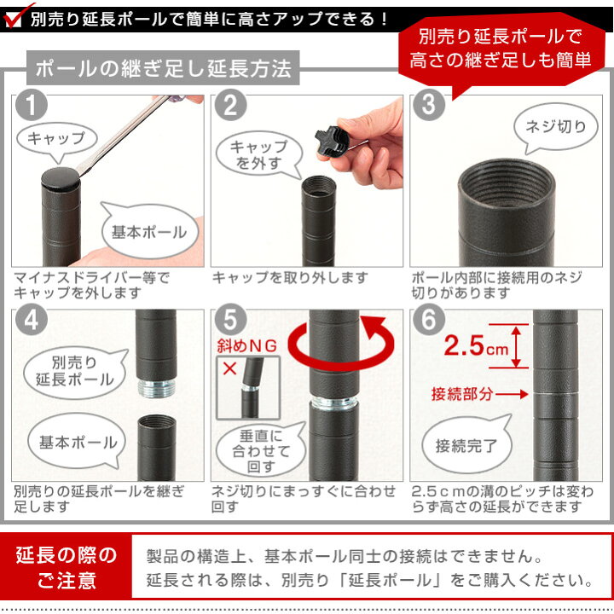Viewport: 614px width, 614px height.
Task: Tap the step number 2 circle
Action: pyautogui.click(x=231, y=107)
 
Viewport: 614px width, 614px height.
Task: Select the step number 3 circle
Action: pyautogui.click(x=429, y=107)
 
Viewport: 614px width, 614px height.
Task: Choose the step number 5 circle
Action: pyautogui.click(x=231, y=323)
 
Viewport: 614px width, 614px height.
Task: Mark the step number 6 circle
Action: pyautogui.click(x=429, y=323)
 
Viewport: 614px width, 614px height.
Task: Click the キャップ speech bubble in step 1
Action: pyautogui.click(x=55, y=139)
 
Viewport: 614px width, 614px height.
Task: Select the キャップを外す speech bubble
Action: pyautogui.click(x=259, y=154)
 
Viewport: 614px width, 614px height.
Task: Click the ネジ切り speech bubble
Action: pyautogui.click(x=554, y=129)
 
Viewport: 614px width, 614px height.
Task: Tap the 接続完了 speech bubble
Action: pyautogui.click(x=461, y=446)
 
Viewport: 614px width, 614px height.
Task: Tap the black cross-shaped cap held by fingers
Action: pyautogui.click(x=331, y=140)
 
